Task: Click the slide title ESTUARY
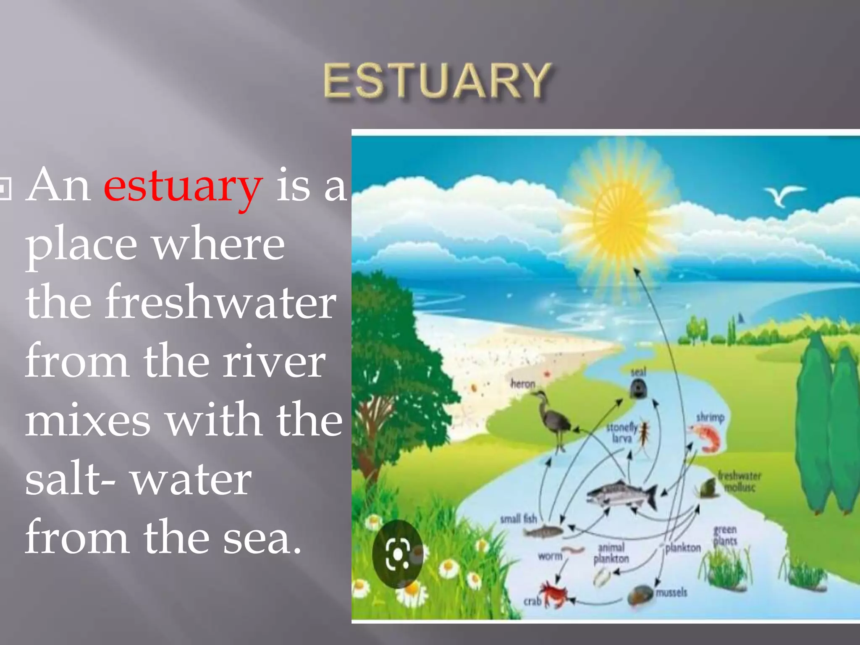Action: coord(437,81)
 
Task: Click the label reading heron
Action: coord(523,383)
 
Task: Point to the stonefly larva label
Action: coord(622,433)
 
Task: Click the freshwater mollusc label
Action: coord(739,481)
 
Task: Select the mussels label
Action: coord(671,592)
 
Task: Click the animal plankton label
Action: coord(611,553)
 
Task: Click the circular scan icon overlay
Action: coord(397,554)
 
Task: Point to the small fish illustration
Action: coord(543,532)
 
